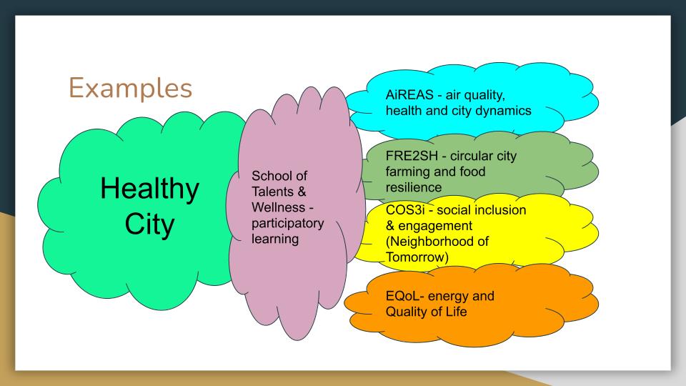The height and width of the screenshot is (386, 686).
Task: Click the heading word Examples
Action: point(130,89)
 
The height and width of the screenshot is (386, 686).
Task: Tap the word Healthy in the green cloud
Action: point(149,189)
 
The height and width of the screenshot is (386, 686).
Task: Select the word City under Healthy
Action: point(149,225)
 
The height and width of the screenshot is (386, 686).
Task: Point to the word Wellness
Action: point(278,207)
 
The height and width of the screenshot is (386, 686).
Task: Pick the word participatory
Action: point(287,224)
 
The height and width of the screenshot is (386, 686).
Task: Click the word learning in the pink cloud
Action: point(275,239)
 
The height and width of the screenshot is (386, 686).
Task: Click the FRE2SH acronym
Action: point(412,157)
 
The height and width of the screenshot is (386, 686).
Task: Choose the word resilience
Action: point(414,188)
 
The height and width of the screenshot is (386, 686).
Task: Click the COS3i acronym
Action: point(405,210)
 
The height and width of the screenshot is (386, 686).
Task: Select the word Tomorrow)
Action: point(417,257)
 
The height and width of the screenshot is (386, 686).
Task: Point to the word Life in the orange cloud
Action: point(457,312)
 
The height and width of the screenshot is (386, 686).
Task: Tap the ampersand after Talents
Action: point(302,192)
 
